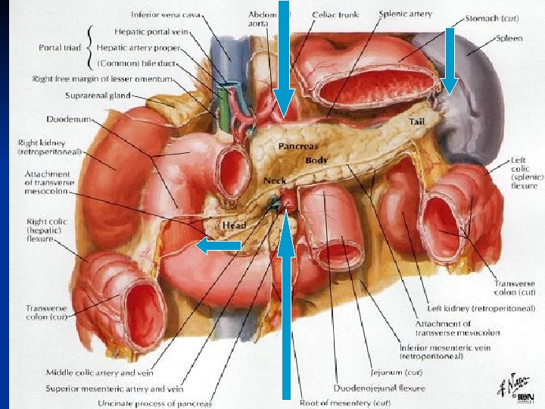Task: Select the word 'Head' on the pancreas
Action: pyautogui.click(x=232, y=225)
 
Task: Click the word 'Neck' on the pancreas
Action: pyautogui.click(x=274, y=182)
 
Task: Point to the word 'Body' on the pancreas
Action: pyautogui.click(x=316, y=161)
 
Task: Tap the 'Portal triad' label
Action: pyautogui.click(x=61, y=47)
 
